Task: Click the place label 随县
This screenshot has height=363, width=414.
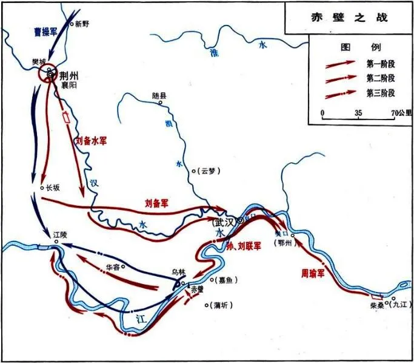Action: (159, 95)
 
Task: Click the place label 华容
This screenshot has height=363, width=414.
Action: (113, 266)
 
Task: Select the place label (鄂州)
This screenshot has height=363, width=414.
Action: (284, 243)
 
